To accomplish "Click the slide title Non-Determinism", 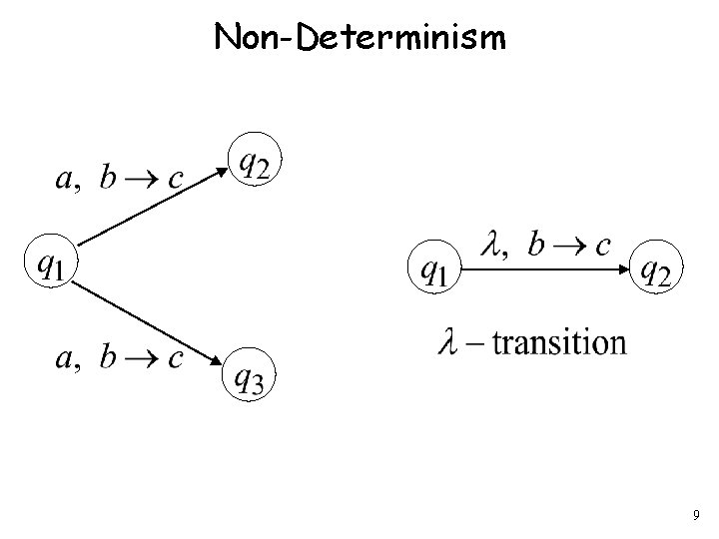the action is (360, 38).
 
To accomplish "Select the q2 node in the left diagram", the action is (255, 161).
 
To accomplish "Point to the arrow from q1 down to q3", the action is (150, 322).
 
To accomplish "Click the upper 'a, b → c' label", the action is (117, 179).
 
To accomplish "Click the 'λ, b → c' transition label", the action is (545, 245).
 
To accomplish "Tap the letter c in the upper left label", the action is (175, 181).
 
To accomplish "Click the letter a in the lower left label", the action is (61, 360).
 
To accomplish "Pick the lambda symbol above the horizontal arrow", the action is (491, 244).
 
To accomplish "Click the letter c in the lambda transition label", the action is (602, 247).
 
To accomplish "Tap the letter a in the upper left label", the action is (61, 181).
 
